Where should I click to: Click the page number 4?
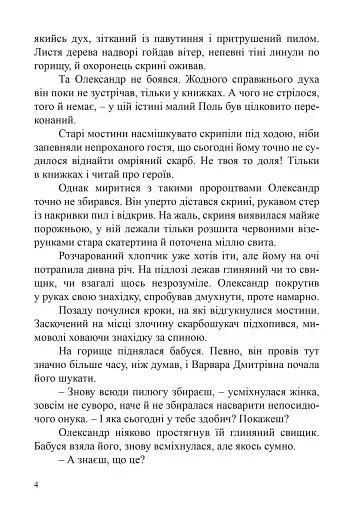pyautogui.click(x=37, y=486)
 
